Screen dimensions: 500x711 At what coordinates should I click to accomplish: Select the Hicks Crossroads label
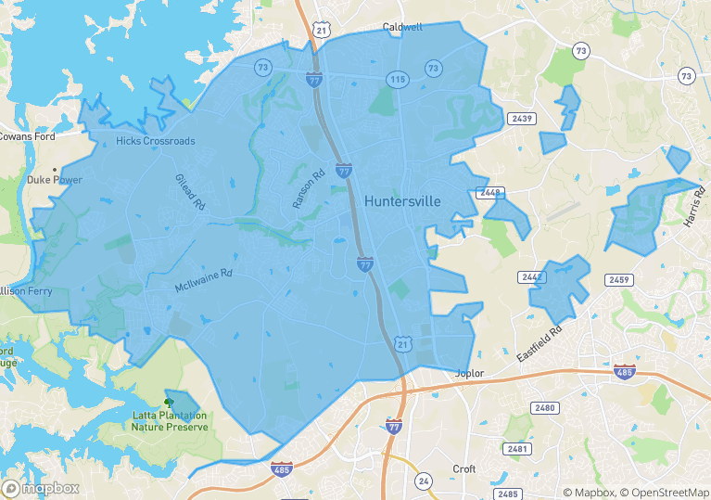pos(156,141)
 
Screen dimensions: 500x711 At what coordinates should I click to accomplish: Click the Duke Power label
pos(55,180)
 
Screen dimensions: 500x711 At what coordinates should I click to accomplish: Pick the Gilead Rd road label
pos(189,192)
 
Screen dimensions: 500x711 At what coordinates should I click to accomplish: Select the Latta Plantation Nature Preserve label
pos(168,421)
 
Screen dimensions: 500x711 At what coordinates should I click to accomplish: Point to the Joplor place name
pos(470,374)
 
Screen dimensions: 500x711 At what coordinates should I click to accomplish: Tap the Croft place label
pos(463,469)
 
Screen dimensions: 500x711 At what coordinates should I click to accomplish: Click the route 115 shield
pos(399,80)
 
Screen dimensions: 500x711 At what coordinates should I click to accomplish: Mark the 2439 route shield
pos(522,119)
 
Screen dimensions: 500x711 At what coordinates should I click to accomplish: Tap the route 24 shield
pos(424,481)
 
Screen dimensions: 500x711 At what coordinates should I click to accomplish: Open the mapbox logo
pos(41,488)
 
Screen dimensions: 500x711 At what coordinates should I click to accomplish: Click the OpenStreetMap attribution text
pos(665,493)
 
